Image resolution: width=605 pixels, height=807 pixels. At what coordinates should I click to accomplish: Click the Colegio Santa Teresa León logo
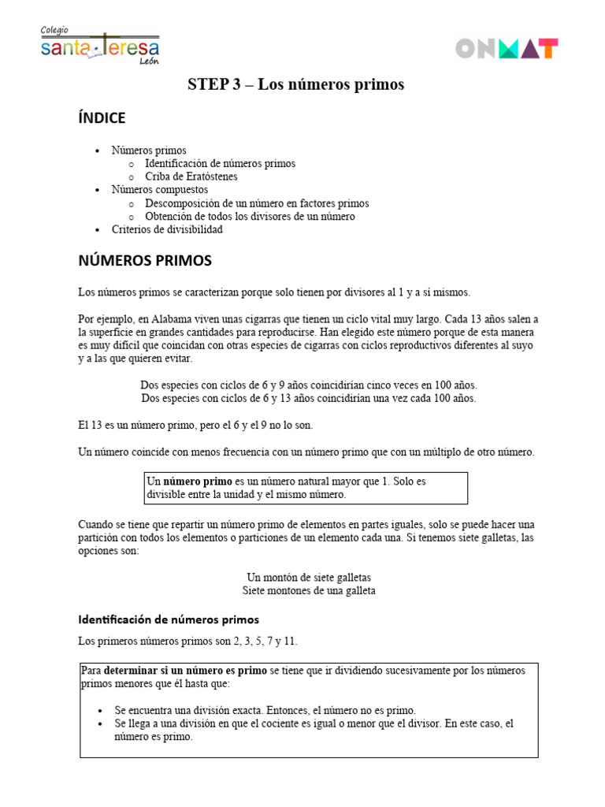[x=99, y=46]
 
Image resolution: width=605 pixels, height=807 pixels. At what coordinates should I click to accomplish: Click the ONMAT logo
[x=507, y=49]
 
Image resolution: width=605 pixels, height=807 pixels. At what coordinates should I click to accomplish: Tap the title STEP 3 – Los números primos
[x=295, y=84]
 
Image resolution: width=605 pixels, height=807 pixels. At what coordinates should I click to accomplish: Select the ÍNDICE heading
[x=102, y=118]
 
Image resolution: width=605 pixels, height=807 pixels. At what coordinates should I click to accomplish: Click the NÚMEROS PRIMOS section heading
[x=144, y=260]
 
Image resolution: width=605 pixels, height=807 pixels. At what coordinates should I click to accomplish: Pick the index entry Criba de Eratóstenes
[x=191, y=177]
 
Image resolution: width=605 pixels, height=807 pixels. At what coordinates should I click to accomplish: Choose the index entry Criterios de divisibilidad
[x=167, y=229]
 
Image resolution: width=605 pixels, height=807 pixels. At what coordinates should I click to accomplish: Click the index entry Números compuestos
[x=160, y=190]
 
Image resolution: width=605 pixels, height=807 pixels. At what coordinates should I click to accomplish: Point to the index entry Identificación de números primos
[x=221, y=163]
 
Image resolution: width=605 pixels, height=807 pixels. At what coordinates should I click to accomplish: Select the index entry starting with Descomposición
[x=257, y=203]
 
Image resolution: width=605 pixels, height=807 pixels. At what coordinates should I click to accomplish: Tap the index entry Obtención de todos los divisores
[x=250, y=216]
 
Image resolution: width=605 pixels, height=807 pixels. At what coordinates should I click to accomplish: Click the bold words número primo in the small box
[x=198, y=481]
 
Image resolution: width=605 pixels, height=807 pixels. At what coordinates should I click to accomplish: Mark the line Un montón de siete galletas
[x=309, y=577]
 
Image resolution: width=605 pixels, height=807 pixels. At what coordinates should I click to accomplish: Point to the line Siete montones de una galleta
[x=309, y=590]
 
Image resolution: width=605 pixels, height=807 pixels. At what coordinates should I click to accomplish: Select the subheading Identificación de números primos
[x=169, y=619]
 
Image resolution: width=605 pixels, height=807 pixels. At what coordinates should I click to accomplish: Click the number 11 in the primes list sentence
[x=291, y=641]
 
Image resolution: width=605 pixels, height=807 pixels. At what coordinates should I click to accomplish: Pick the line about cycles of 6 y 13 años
[x=308, y=398]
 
